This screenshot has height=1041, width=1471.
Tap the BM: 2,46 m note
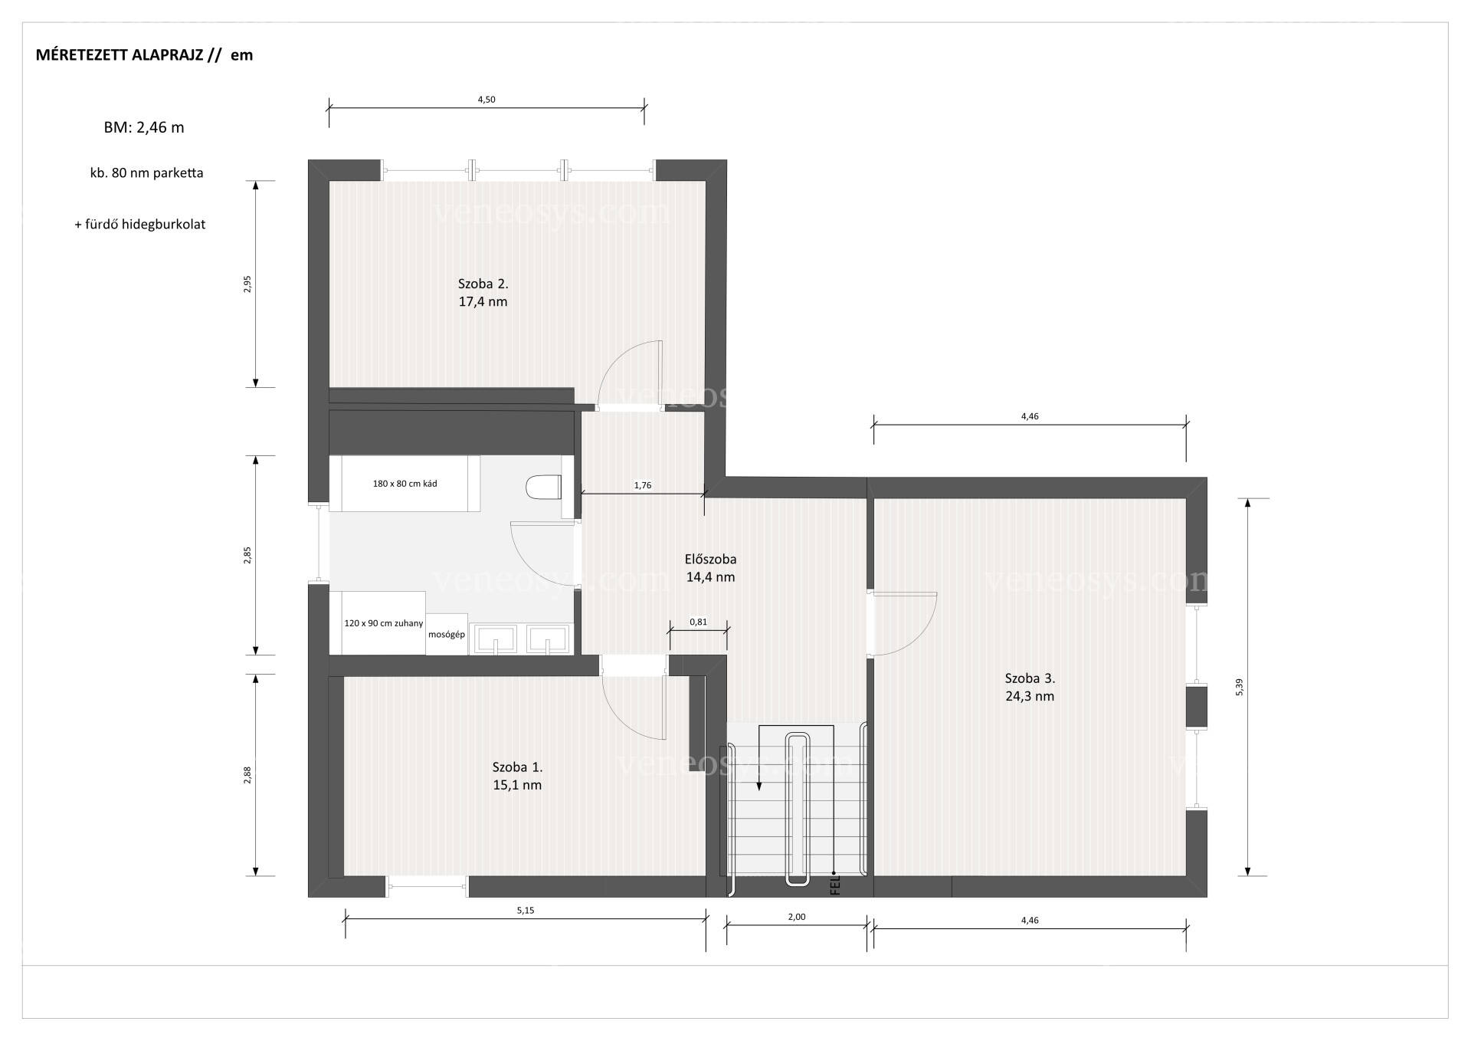144,128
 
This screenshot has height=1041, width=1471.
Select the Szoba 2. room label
483,284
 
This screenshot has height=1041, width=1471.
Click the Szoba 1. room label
517,767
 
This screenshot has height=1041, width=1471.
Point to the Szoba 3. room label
1030,678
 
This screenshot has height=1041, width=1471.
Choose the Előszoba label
710,559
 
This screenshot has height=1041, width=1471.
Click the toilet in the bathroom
544,487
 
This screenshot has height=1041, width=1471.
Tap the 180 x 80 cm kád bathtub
405,484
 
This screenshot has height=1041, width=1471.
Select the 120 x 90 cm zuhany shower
378,623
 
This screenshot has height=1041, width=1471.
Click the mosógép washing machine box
447,635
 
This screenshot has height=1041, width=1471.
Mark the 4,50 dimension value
487,100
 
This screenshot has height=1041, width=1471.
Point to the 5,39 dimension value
1240,688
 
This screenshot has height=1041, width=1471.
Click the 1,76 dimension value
643,485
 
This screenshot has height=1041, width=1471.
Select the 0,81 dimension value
698,622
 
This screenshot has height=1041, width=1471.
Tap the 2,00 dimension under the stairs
796,917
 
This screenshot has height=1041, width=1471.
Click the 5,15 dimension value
525,911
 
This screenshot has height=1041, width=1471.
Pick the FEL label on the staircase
835,885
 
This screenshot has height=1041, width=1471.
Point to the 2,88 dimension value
247,775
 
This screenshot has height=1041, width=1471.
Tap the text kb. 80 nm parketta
146,173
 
